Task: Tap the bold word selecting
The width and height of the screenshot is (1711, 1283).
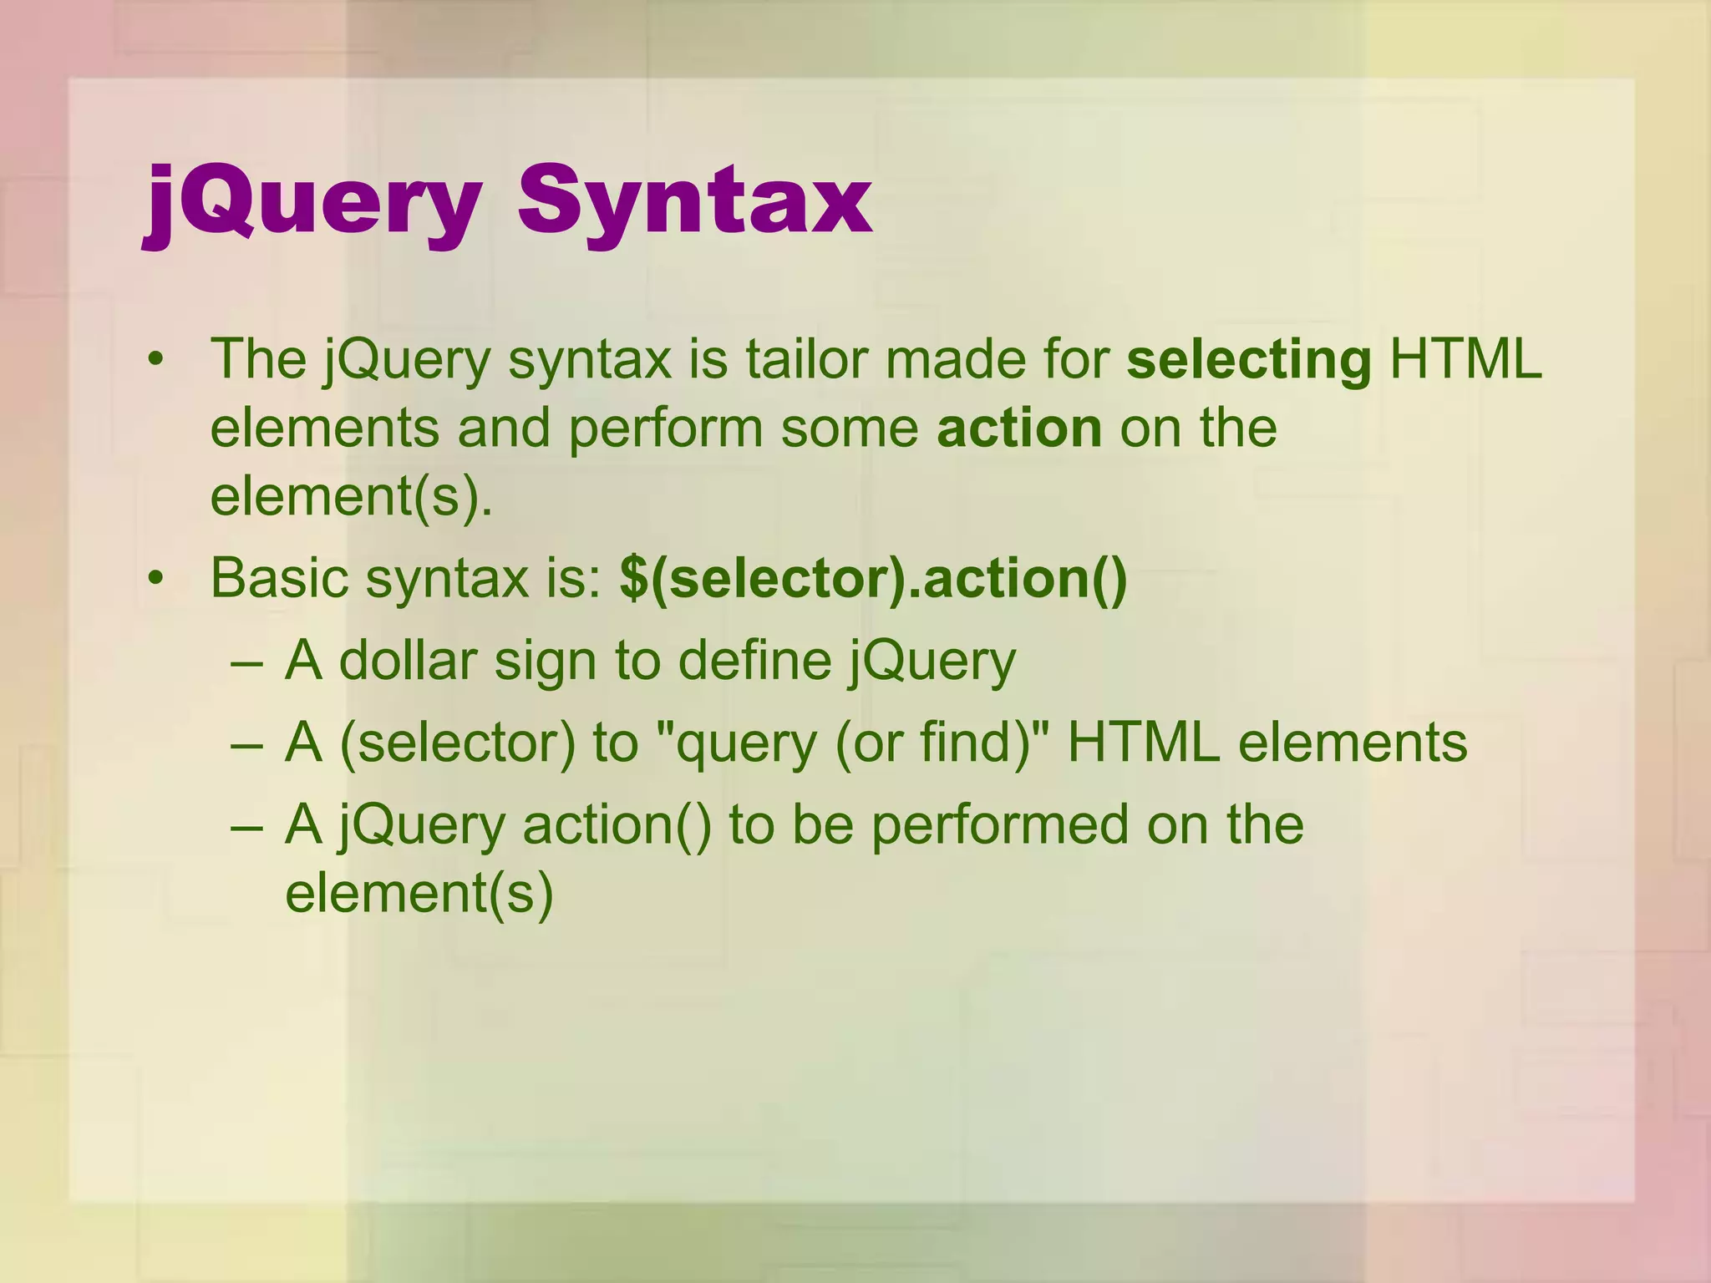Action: (x=1248, y=360)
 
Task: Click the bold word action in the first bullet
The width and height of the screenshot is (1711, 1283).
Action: (x=1019, y=429)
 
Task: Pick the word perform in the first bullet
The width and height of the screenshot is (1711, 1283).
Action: (x=666, y=429)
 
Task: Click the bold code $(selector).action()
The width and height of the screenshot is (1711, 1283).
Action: (x=873, y=579)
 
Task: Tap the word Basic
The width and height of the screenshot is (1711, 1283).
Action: (x=279, y=579)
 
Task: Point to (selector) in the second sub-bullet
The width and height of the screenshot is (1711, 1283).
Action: (x=458, y=743)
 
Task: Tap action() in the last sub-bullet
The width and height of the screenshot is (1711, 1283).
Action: (x=617, y=825)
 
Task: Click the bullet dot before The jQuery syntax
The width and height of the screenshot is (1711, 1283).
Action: (x=155, y=362)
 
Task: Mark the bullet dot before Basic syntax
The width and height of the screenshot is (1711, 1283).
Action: (x=155, y=580)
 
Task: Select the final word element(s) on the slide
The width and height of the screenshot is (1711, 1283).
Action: (x=419, y=894)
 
